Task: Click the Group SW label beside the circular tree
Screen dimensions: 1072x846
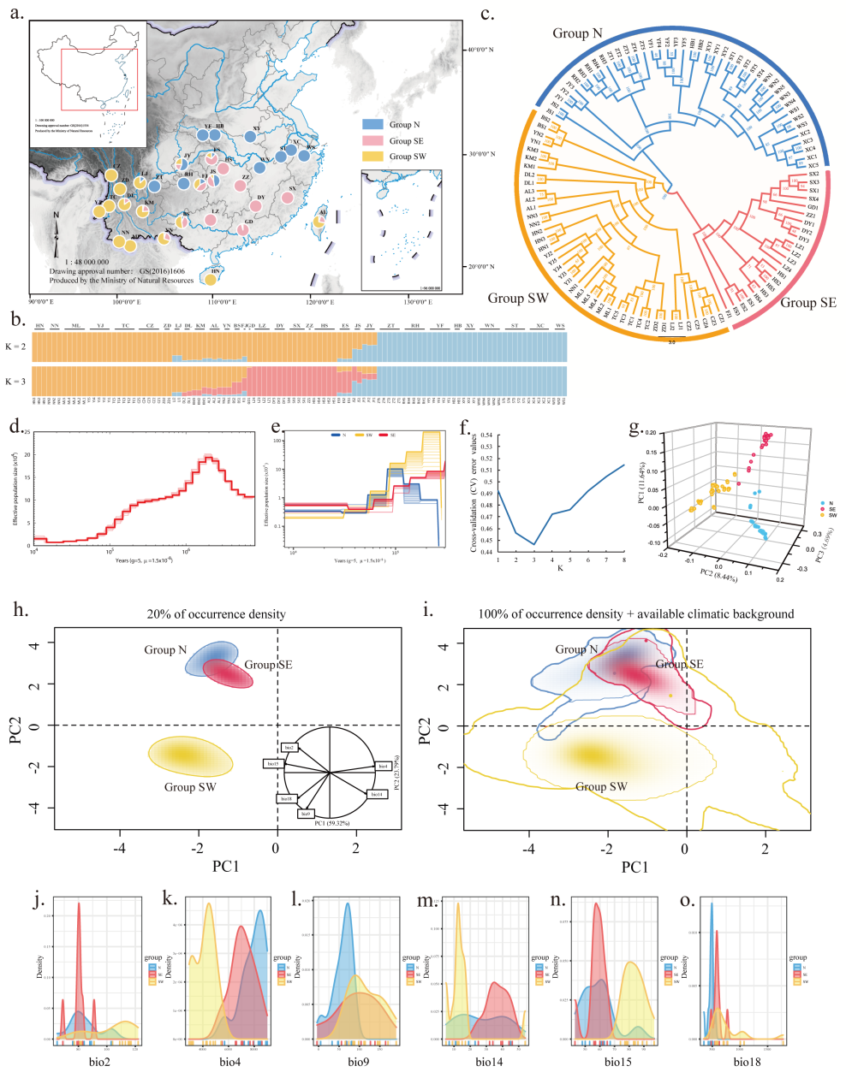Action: point(518,299)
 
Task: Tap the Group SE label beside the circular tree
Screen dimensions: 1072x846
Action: point(807,303)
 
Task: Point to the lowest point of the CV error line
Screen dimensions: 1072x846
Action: point(534,544)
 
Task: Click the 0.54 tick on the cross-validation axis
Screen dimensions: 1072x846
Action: point(488,435)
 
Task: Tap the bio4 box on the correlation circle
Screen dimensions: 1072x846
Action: point(383,766)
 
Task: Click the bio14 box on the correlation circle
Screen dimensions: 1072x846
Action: point(376,795)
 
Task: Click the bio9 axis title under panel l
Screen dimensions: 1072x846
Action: point(358,1062)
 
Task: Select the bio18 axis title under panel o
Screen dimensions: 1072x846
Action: point(742,1062)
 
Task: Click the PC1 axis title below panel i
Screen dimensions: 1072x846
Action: point(634,867)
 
